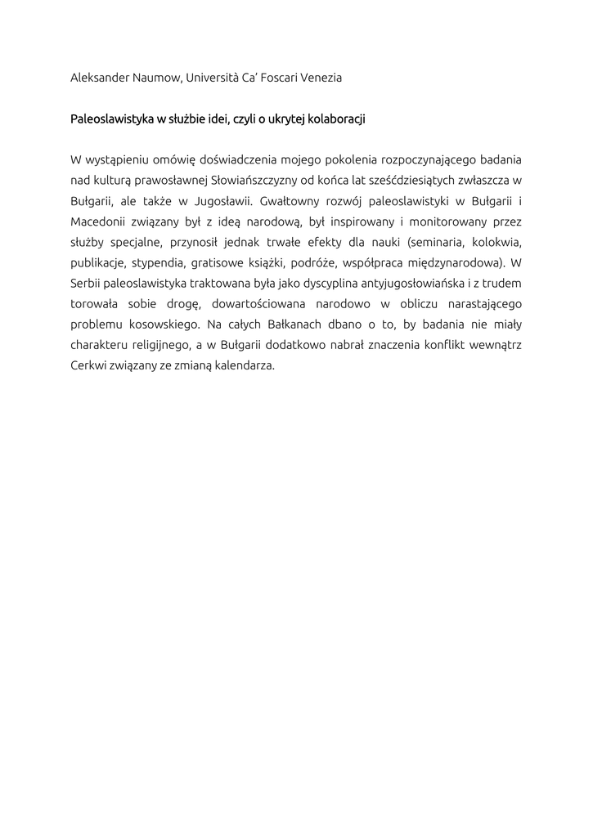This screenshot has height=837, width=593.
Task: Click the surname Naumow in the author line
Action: [155, 78]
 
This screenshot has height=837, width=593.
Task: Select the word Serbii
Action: [86, 284]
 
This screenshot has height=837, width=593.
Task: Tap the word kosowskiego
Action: [154, 325]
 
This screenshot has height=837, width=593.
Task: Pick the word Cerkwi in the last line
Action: [88, 366]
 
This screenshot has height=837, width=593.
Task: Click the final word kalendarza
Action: [245, 366]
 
